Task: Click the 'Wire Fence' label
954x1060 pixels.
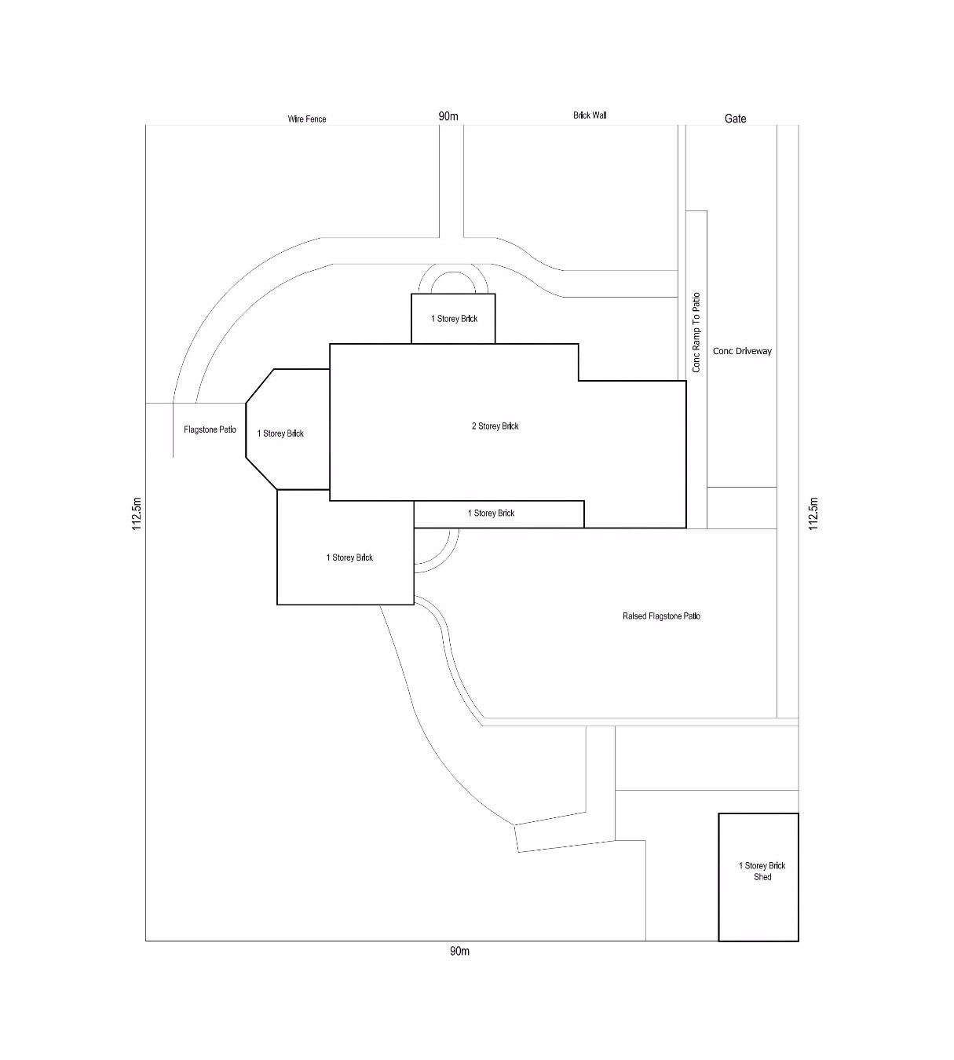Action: (306, 119)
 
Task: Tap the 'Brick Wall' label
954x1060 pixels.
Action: (589, 115)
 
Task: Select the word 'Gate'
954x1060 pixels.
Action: (735, 119)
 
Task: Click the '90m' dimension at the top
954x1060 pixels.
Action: (448, 116)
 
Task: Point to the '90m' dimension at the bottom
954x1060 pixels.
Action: (459, 952)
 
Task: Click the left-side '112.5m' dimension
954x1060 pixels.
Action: (137, 514)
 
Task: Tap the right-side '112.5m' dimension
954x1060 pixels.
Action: (813, 514)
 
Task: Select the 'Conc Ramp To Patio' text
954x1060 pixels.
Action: (696, 332)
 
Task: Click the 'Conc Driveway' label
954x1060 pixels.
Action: (742, 351)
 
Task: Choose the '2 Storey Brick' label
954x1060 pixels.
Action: (495, 426)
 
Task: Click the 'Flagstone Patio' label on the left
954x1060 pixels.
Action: (210, 429)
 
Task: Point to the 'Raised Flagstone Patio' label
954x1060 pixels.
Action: (661, 616)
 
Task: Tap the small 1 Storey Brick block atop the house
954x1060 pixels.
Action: (453, 319)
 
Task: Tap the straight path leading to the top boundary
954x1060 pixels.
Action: (451, 181)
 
